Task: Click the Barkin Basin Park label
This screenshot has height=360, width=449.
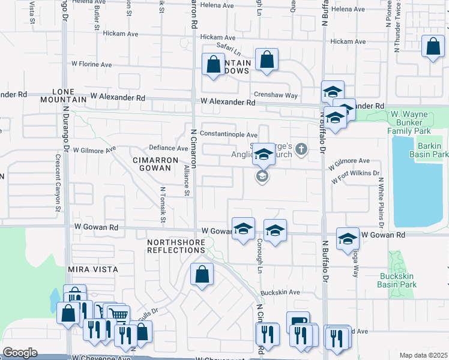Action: coord(431,150)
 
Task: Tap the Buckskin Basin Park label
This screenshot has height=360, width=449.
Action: coord(398,280)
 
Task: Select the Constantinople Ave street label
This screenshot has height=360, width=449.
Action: coord(229,135)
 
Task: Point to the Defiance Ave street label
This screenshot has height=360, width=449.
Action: coord(169,148)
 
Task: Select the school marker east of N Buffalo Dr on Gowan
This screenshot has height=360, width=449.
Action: coord(347,239)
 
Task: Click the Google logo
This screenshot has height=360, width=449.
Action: coord(20,353)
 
